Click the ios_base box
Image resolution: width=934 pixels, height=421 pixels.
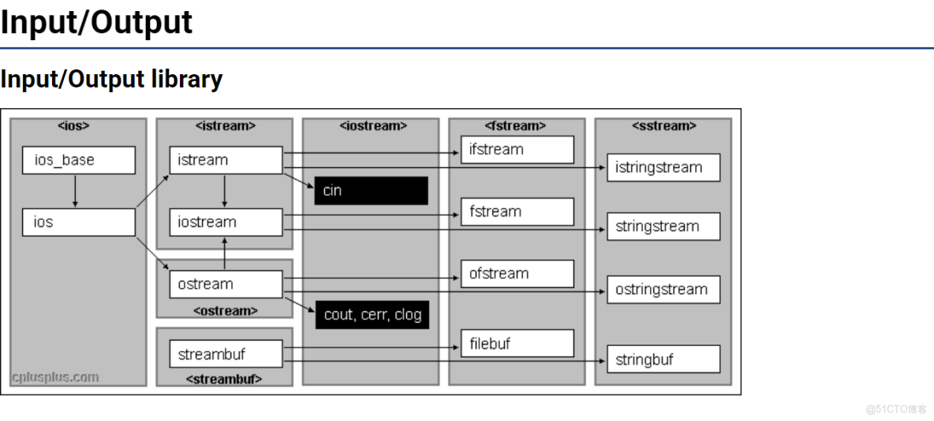pyautogui.click(x=78, y=160)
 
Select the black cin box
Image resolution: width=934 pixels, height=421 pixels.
pyautogui.click(x=371, y=190)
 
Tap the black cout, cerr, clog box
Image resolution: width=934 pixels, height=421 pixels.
pyautogui.click(x=372, y=315)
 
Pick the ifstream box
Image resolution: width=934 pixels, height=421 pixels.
pyautogui.click(x=517, y=149)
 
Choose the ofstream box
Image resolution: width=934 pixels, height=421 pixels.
pyautogui.click(x=517, y=274)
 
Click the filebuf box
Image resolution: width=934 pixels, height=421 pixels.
pyautogui.click(x=517, y=344)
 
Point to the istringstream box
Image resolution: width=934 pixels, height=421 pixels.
pyautogui.click(x=663, y=168)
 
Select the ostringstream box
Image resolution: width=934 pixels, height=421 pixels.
pyautogui.click(x=663, y=289)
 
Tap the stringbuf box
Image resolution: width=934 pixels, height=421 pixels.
pyautogui.click(x=663, y=360)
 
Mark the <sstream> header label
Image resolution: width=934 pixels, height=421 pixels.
pyautogui.click(x=663, y=125)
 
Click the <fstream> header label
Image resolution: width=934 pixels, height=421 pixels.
pyautogui.click(x=516, y=125)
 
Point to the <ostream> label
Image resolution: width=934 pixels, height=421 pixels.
pyautogui.click(x=226, y=310)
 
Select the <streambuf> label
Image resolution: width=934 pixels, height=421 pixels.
pyautogui.click(x=224, y=379)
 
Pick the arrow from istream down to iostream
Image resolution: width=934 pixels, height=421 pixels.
pyautogui.click(x=225, y=191)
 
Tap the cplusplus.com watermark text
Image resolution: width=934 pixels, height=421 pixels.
pyautogui.click(x=55, y=377)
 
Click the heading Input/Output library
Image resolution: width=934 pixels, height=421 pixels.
pyautogui.click(x=111, y=79)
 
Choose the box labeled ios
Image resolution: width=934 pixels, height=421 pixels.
pyautogui.click(x=78, y=222)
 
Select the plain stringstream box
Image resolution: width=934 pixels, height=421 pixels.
pyautogui.click(x=663, y=226)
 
